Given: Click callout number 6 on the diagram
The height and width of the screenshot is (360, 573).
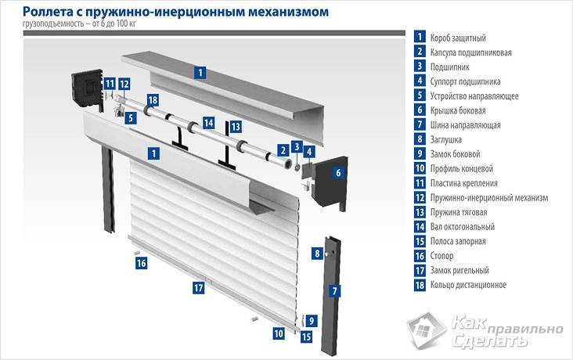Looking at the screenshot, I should pyautogui.click(x=339, y=173).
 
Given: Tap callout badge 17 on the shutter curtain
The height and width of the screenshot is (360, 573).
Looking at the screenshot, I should pyautogui.click(x=198, y=288).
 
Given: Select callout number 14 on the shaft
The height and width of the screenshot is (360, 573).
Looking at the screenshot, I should pyautogui.click(x=208, y=123).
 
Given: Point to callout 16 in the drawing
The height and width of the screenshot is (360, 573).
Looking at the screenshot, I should pyautogui.click(x=142, y=264).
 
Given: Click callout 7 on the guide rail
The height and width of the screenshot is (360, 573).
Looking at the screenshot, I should pyautogui.click(x=335, y=291).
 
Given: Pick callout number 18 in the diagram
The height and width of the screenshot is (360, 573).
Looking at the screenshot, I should pyautogui.click(x=152, y=100).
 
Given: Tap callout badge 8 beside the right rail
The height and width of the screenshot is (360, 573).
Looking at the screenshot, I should pyautogui.click(x=317, y=254).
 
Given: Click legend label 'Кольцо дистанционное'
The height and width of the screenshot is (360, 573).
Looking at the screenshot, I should pyautogui.click(x=468, y=285).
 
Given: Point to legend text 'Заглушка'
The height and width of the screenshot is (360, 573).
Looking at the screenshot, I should pyautogui.click(x=449, y=139).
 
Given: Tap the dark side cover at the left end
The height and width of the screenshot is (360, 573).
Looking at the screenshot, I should pyautogui.click(x=85, y=85).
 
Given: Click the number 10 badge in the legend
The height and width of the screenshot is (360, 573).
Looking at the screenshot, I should pyautogui.click(x=420, y=168).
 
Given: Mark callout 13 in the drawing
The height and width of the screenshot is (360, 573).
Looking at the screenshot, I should pyautogui.click(x=235, y=126).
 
